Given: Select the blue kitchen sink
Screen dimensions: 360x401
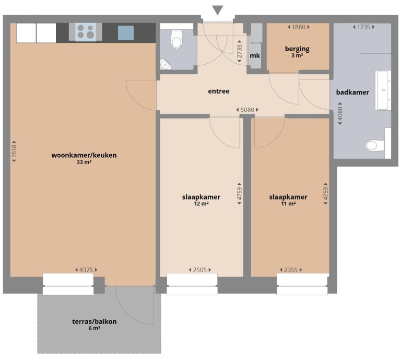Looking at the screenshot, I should (125, 33).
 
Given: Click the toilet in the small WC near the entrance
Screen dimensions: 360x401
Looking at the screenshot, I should (176, 40).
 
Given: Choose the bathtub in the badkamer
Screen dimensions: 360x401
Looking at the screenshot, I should (382, 90).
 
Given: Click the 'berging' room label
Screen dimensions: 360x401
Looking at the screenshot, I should (297, 49).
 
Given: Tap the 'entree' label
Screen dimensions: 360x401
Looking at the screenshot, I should (219, 91).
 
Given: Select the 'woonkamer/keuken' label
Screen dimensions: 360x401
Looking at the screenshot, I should (84, 155).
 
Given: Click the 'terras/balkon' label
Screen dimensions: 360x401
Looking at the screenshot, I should (95, 321).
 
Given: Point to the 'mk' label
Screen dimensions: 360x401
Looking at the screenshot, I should (255, 55).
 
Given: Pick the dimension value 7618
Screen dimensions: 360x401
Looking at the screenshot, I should (15, 152).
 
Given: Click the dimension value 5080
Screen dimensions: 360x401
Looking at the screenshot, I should (247, 110).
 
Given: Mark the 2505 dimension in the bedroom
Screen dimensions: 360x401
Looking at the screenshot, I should (200, 270).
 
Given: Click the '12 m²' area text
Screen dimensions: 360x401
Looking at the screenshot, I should (201, 204).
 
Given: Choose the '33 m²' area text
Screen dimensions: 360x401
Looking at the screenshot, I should (84, 162).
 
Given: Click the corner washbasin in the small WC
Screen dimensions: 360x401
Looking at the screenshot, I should (166, 64).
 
